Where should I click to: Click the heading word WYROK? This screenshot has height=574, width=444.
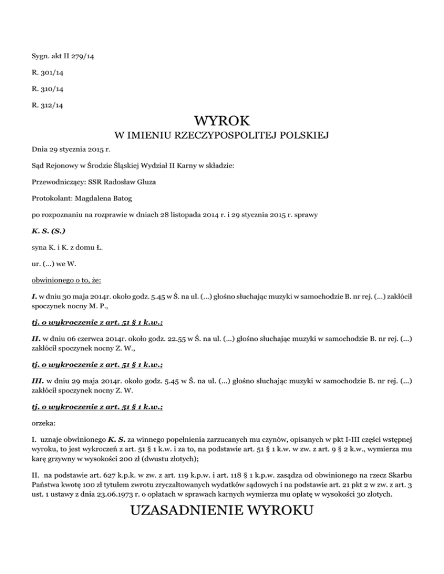coord(222,121)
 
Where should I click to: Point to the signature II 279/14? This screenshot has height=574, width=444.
coord(72,58)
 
